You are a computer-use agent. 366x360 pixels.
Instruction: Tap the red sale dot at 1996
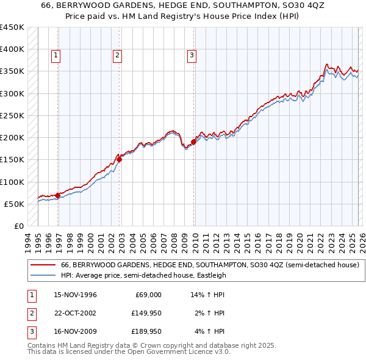[x=57, y=195]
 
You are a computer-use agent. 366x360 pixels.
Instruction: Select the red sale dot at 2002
[x=120, y=160]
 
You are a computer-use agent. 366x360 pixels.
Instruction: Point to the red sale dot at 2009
[x=194, y=142]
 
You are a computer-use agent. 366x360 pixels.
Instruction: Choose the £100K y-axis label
[x=12, y=182]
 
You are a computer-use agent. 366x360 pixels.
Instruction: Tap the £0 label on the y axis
[x=18, y=226]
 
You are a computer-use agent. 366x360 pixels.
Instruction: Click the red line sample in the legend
[x=43, y=265]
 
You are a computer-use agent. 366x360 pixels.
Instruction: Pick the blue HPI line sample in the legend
[x=43, y=275]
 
